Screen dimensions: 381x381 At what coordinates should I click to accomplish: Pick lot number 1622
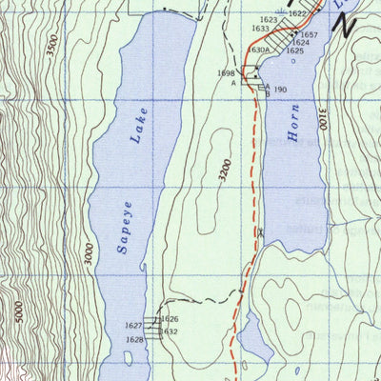click(x=297, y=13)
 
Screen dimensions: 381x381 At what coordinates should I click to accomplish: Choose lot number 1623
click(x=268, y=20)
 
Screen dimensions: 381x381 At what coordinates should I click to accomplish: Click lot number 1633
click(x=260, y=29)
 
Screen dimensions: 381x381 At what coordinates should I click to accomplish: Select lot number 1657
click(x=309, y=34)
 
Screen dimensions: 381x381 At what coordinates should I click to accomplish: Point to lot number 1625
click(x=294, y=50)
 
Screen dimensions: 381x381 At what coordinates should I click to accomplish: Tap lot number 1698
click(x=226, y=73)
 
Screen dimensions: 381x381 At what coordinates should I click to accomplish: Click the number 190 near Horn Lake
click(x=280, y=90)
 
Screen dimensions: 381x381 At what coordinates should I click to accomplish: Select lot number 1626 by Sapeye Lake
click(x=170, y=319)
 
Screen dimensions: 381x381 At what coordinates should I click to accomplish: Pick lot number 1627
click(x=133, y=326)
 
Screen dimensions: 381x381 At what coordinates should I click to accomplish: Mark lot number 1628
click(x=134, y=340)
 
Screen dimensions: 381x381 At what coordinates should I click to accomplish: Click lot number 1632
click(x=169, y=331)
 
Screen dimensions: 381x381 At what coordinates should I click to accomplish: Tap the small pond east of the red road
click(x=254, y=335)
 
